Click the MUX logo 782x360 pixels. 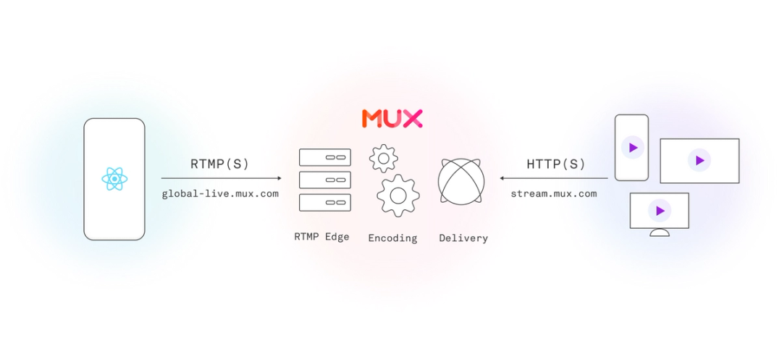(392, 119)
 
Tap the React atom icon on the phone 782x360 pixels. (114, 178)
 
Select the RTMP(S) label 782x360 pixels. (220, 164)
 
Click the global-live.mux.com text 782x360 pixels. (220, 193)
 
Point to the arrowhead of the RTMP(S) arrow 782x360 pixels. (279, 177)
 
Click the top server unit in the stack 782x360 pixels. (324, 157)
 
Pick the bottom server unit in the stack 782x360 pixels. (324, 202)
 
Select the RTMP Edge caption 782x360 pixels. (321, 237)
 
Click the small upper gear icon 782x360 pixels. (383, 158)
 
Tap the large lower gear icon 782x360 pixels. (398, 195)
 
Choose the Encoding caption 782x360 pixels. (392, 238)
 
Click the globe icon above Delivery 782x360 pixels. (461, 181)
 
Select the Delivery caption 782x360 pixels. (463, 238)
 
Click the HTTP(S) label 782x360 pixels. (556, 164)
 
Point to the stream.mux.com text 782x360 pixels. (554, 193)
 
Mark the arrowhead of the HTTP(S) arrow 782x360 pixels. (502, 177)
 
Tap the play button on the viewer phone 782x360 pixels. (633, 148)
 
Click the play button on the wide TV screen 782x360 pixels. (699, 161)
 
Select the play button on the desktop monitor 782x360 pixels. (660, 211)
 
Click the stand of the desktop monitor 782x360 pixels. (660, 233)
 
